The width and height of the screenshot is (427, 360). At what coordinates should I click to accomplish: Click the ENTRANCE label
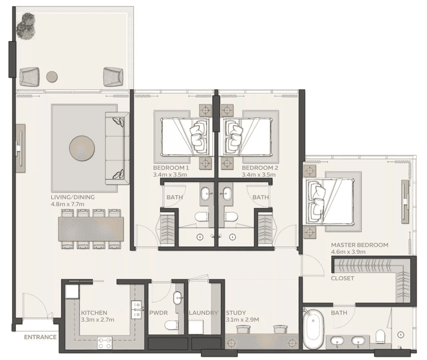pyautogui.click(x=40, y=337)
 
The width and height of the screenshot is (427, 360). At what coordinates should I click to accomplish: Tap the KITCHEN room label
pyautogui.click(x=94, y=313)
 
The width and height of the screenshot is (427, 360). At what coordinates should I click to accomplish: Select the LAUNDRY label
pyautogui.click(x=203, y=313)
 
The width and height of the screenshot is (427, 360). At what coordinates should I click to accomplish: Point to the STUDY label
pyautogui.click(x=236, y=313)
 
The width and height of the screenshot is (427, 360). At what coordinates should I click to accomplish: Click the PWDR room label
pyautogui.click(x=158, y=313)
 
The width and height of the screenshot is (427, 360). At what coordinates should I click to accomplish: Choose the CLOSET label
pyautogui.click(x=343, y=279)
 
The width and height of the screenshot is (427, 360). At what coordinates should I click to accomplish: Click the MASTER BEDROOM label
pyautogui.click(x=360, y=245)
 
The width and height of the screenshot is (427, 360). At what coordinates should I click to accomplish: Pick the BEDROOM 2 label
pyautogui.click(x=260, y=168)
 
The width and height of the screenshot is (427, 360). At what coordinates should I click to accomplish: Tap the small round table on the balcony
pyautogui.click(x=52, y=76)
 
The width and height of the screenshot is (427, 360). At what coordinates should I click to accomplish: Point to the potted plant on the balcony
pyautogui.click(x=26, y=26)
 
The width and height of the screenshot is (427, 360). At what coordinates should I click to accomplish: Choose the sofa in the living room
pyautogui.click(x=118, y=144)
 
